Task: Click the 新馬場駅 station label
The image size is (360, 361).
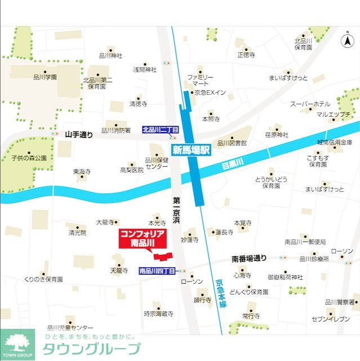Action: [190, 150]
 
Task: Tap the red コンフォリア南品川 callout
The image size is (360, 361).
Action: [143, 239]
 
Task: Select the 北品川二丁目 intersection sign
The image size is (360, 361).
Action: [160, 130]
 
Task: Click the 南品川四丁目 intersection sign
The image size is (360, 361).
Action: [157, 271]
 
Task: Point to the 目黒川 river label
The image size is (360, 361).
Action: [231, 163]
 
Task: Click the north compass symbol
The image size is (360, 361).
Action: [347, 41]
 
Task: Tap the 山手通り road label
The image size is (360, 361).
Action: [78, 134]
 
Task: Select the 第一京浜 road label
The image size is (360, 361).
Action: [176, 209]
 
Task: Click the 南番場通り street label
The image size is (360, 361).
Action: [248, 259]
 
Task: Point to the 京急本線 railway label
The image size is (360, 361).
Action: [221, 293]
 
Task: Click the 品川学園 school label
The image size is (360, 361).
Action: [45, 77]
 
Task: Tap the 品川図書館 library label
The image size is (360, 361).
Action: [232, 143]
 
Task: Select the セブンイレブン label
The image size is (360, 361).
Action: [331, 319]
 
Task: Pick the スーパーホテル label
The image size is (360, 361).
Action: [310, 104]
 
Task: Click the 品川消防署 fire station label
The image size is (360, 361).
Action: [115, 130]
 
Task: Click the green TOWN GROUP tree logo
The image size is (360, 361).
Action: [17, 344]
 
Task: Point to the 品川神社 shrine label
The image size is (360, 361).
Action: [110, 55]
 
